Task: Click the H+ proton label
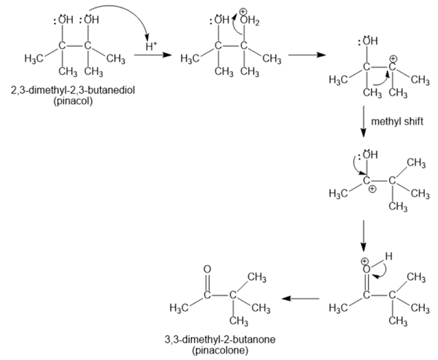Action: point(151,47)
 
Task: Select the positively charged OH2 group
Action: point(250,19)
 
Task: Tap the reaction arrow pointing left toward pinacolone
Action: point(302,299)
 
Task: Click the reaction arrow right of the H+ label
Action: point(154,58)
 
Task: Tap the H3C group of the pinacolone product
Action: point(179,305)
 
